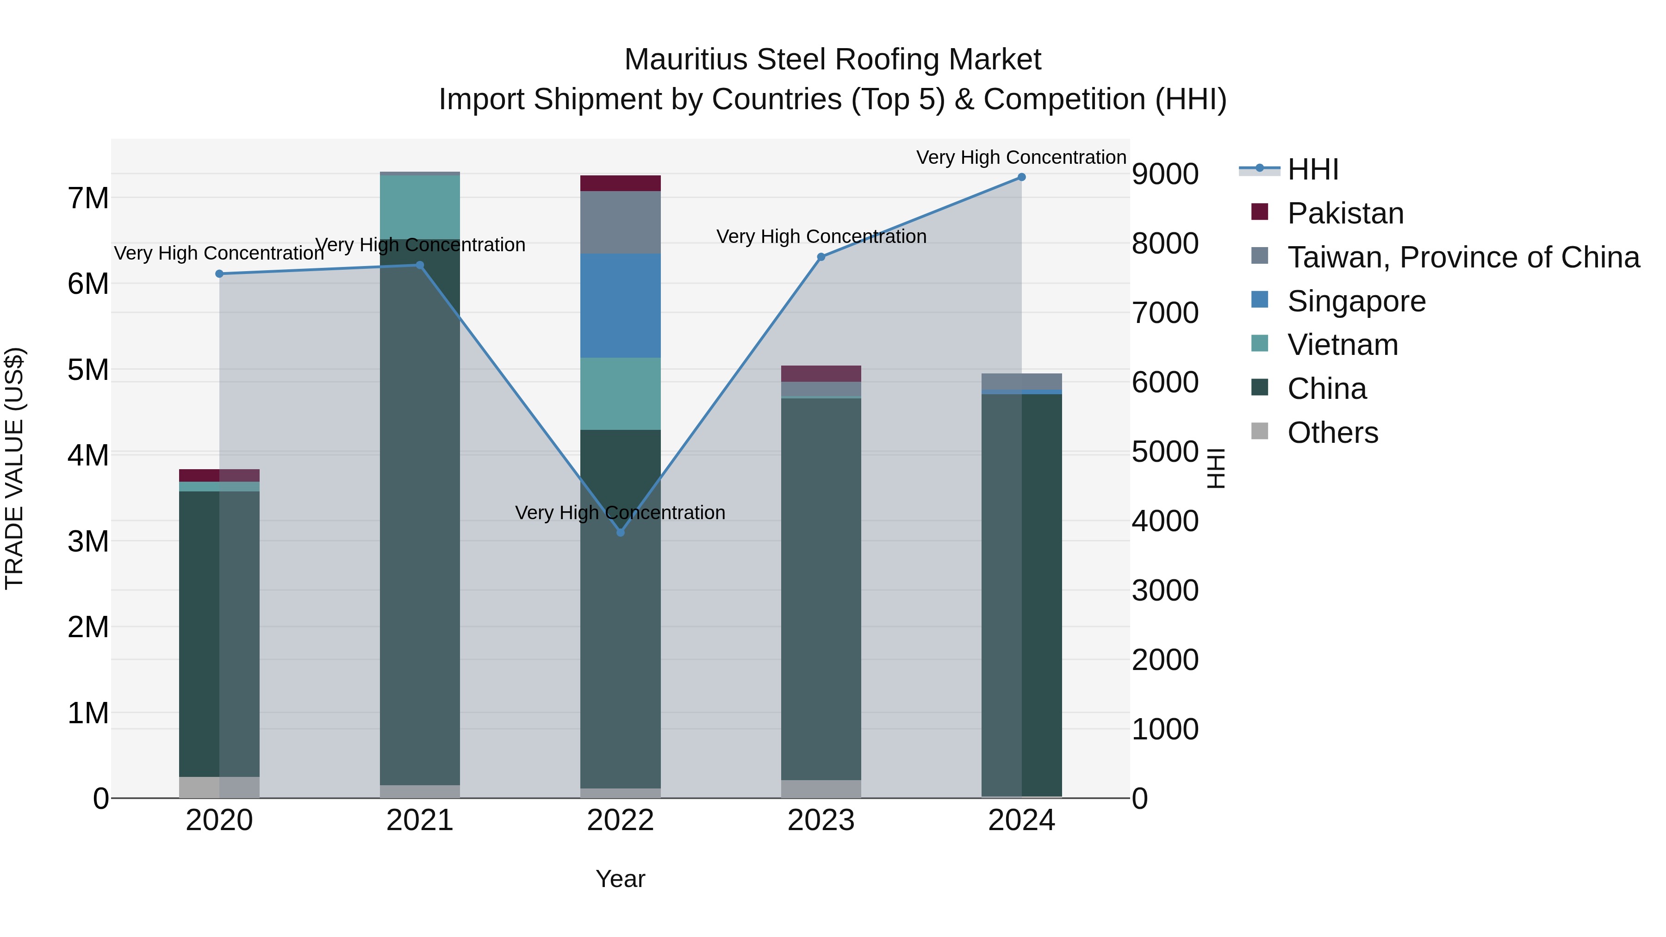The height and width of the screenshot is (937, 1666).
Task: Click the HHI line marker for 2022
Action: tap(620, 532)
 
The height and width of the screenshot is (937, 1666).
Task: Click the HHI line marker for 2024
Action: tap(1021, 177)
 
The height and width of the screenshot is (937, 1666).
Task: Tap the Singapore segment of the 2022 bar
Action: tap(620, 305)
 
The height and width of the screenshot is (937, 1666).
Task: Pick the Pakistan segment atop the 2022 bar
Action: tap(620, 183)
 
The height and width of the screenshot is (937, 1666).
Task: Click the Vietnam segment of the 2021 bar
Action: tap(420, 207)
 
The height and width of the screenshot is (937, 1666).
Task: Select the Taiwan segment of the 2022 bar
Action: tap(620, 223)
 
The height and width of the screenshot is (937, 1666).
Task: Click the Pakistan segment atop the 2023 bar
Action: tap(821, 374)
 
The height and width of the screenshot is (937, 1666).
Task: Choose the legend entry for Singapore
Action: tap(1356, 301)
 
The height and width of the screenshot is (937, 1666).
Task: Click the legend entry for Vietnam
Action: tap(1343, 345)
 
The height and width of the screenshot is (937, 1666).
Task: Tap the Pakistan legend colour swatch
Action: tap(1259, 212)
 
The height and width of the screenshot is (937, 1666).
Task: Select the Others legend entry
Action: tap(1332, 433)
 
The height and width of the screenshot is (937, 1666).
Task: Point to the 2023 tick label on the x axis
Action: tap(821, 820)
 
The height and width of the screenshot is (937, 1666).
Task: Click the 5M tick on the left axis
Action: tap(88, 370)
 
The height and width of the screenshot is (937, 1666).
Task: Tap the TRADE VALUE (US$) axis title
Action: tap(15, 468)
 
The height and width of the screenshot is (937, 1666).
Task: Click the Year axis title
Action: tap(620, 879)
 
